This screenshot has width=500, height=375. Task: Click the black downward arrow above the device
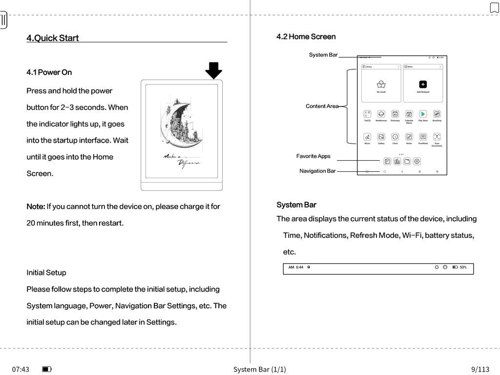(x=213, y=70)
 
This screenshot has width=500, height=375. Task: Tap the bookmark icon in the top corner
(x=494, y=8)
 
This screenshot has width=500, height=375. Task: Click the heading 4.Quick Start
(x=52, y=38)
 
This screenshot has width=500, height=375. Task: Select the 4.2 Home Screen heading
(x=306, y=37)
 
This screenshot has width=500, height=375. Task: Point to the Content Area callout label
(x=321, y=106)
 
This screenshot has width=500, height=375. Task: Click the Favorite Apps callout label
(x=313, y=156)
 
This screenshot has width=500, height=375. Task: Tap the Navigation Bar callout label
(x=317, y=171)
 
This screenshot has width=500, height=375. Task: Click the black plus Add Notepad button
(x=423, y=84)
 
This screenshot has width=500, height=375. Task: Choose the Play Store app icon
(x=423, y=114)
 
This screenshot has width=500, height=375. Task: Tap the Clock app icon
(x=395, y=137)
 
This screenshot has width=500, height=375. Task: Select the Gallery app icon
(x=381, y=137)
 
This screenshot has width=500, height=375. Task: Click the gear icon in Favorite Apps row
(x=417, y=161)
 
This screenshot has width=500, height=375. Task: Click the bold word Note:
(x=36, y=207)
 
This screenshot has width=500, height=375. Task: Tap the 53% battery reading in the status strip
(x=463, y=267)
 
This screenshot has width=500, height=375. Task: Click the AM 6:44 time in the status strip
(x=296, y=267)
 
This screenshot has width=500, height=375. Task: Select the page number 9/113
(x=480, y=369)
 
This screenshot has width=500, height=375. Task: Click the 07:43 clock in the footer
(x=21, y=369)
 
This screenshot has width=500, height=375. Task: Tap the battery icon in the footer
(x=47, y=369)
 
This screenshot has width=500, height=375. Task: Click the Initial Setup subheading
(x=46, y=272)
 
